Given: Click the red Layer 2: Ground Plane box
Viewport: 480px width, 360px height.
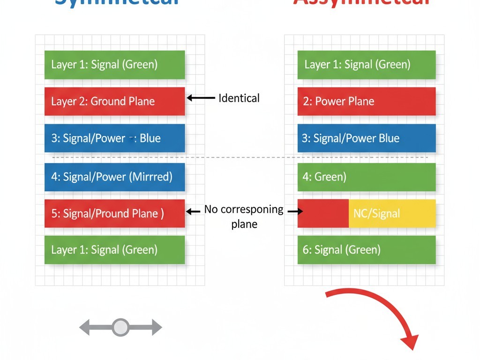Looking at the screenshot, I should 115,101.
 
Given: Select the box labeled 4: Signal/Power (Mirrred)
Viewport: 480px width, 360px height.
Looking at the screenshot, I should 115,177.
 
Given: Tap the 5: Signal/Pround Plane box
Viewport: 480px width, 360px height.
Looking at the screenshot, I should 115,213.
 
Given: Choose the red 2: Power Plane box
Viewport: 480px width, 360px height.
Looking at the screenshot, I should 367,101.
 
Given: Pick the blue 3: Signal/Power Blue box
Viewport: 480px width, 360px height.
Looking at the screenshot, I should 367,138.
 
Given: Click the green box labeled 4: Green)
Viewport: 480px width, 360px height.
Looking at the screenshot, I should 367,177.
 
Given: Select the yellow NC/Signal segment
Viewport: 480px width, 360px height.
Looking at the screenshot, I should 392,213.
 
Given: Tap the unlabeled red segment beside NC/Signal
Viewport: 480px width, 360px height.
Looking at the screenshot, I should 323,213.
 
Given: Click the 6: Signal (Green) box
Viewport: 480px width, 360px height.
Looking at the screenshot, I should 367,250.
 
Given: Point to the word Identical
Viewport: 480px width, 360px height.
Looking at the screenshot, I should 239,98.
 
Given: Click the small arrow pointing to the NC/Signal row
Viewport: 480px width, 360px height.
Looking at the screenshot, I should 294,211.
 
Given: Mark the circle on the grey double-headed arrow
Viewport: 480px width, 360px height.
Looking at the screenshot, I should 120,327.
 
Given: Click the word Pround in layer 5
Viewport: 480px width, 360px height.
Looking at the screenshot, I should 113,213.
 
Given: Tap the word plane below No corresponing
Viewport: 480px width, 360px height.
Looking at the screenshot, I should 244,224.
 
